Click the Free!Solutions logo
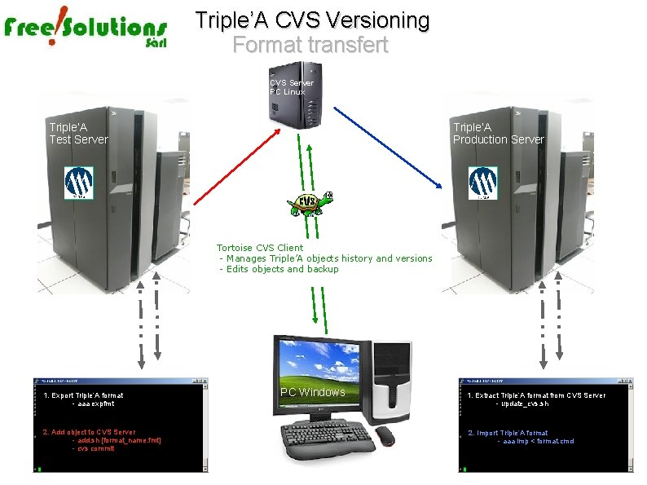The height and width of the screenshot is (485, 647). point(86,32)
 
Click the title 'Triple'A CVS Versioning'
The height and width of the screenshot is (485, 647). point(312,20)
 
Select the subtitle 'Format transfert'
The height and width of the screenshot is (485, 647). point(310,44)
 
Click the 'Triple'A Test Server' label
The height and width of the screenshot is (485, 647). point(78,133)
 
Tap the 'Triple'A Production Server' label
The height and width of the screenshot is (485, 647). point(498,133)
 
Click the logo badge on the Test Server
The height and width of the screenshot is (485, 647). point(79,183)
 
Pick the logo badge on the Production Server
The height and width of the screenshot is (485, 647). point(482,183)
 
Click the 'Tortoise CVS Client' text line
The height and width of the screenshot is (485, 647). point(260,248)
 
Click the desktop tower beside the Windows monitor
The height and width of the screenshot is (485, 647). point(392,383)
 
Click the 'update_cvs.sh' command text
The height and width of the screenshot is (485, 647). point(526,403)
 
